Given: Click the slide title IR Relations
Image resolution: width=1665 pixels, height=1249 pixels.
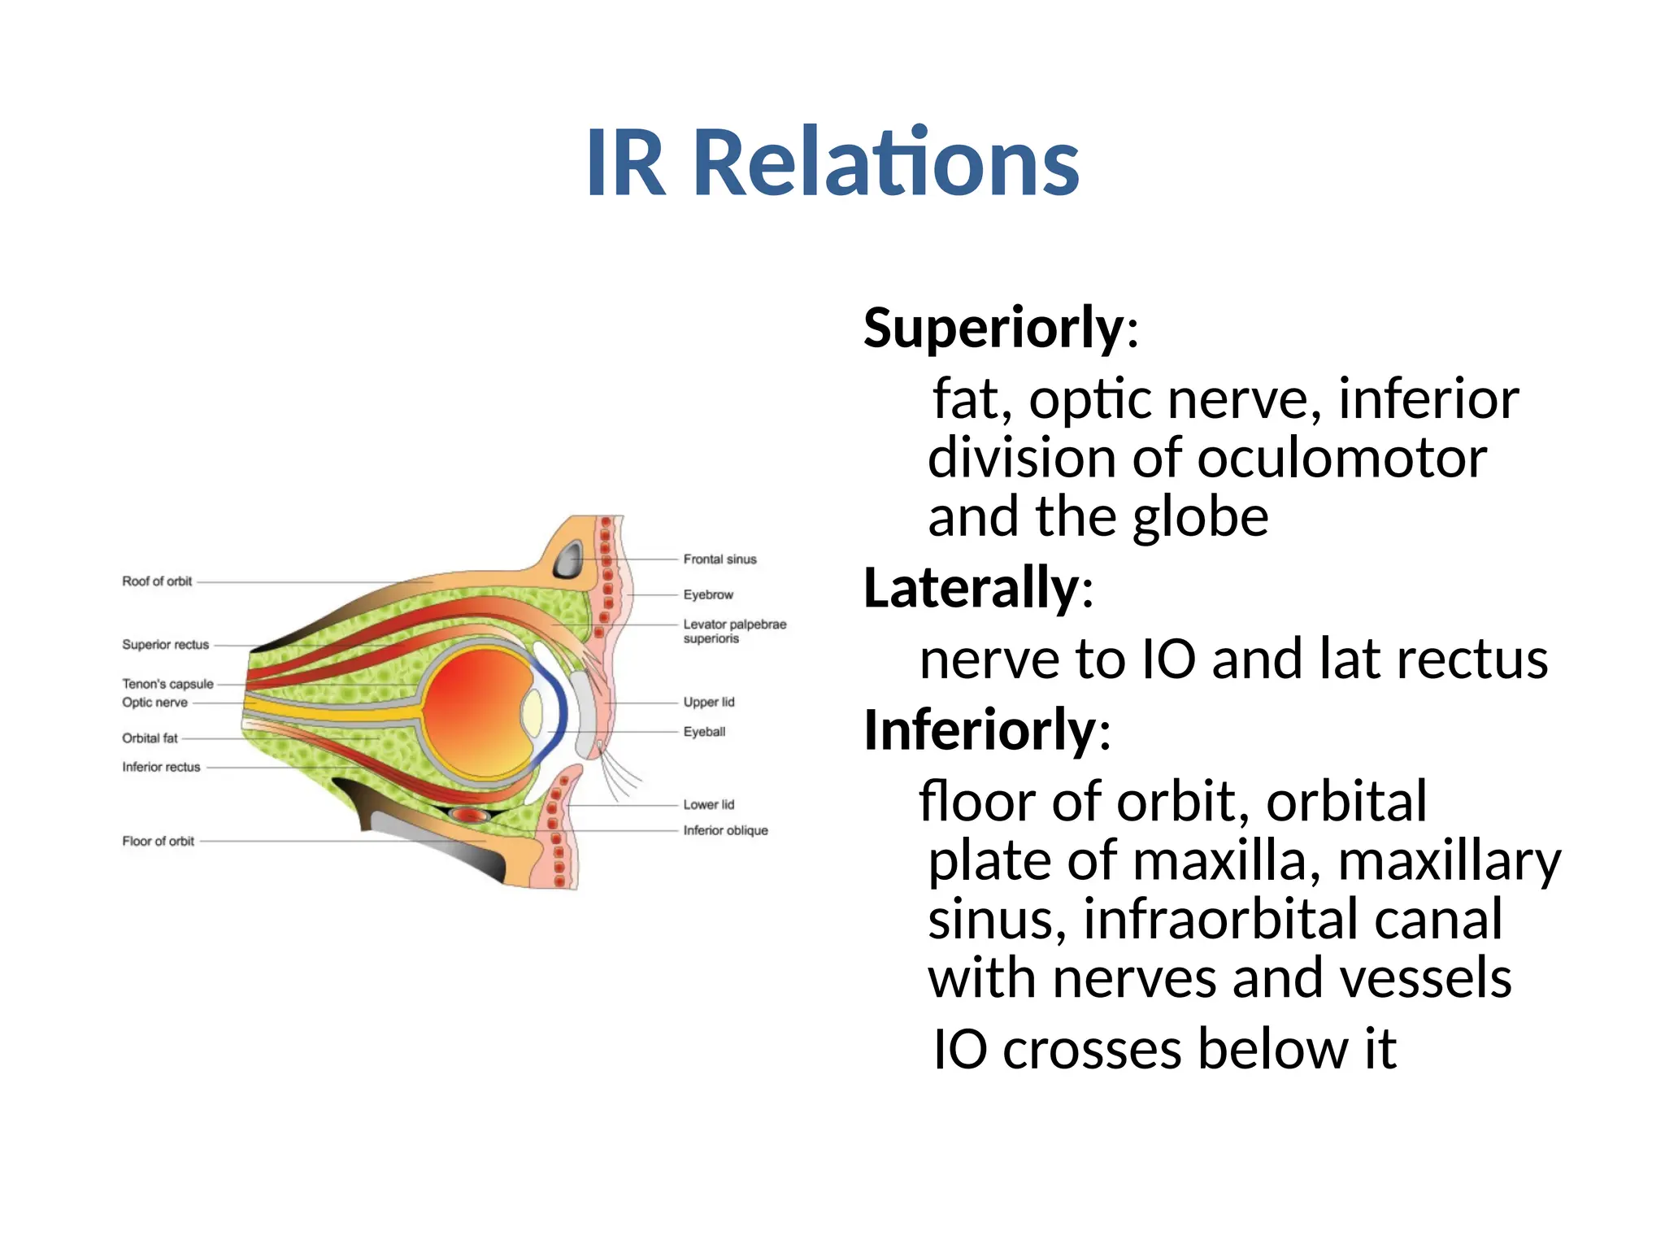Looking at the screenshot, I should coord(832,163).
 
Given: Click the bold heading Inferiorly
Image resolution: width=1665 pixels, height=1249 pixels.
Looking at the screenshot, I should coord(980,729).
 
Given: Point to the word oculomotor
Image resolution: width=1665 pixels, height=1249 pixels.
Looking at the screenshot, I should coord(1341,459).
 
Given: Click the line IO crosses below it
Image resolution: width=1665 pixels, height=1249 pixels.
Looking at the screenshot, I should coord(1164,1049).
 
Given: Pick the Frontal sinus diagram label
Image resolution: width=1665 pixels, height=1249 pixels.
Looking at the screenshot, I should coord(719,559).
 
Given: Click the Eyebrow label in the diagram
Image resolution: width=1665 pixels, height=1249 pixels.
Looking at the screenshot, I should coord(708,595).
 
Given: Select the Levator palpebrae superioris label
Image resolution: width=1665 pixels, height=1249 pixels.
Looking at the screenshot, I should coord(734,631).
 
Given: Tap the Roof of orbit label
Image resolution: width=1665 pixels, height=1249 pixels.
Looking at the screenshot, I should coord(157,581).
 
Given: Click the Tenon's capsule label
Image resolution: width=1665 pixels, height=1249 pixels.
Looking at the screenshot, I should coord(167,684).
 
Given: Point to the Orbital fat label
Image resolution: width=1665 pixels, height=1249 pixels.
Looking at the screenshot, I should coord(150,738).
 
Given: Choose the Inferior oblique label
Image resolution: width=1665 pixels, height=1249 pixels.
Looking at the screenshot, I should coord(725,830).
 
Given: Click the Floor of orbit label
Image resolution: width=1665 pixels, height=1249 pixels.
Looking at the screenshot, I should coord(158,841).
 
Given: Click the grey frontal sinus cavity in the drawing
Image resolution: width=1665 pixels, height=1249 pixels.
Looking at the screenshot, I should coord(567,560).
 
